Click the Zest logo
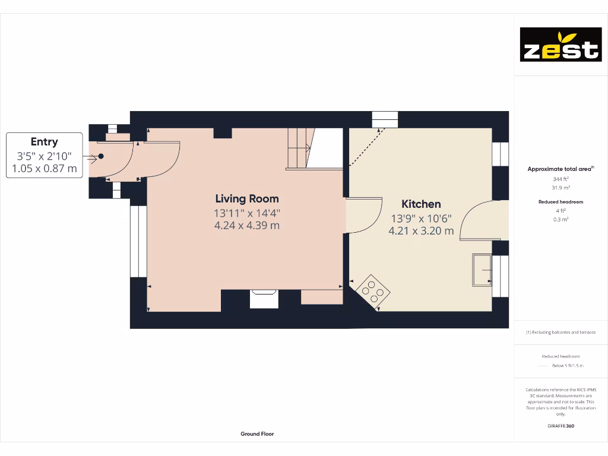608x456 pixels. point(560,45)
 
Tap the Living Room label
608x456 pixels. point(246,199)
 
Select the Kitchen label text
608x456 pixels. point(421,204)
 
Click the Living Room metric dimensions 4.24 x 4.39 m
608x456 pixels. point(246,226)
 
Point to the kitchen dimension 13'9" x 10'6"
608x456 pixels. point(421,218)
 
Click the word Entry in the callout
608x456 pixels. point(45,141)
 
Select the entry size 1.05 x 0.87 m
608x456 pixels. point(45,169)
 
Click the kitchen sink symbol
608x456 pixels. point(482,270)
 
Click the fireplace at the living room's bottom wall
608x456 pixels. point(264,299)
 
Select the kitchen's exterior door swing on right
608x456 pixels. point(482,221)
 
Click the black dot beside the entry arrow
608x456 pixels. point(101,156)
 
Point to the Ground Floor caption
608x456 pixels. point(257,434)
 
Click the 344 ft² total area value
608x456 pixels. point(560,179)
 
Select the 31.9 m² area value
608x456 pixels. point(560,188)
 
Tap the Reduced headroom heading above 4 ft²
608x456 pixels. point(560,202)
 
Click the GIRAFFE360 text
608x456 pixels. point(560,426)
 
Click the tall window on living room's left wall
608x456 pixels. point(138,242)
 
